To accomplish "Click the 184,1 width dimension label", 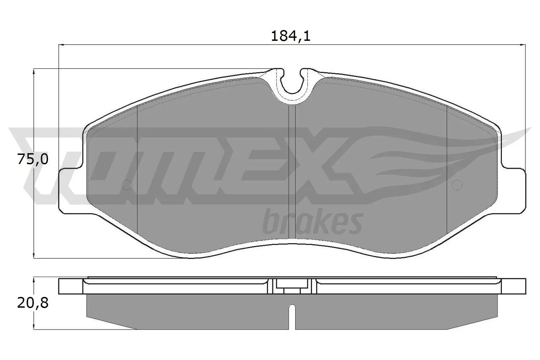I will [x=290, y=36].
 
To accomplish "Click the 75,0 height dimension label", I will [x=33, y=160].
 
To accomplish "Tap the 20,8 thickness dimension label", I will [x=33, y=303].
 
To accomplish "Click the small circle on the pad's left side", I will [x=127, y=185].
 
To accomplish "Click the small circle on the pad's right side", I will [x=457, y=185].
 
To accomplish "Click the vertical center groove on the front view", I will [x=292, y=169].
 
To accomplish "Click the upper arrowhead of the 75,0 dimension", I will [x=34, y=72].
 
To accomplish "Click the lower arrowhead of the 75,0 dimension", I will [x=34, y=255].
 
